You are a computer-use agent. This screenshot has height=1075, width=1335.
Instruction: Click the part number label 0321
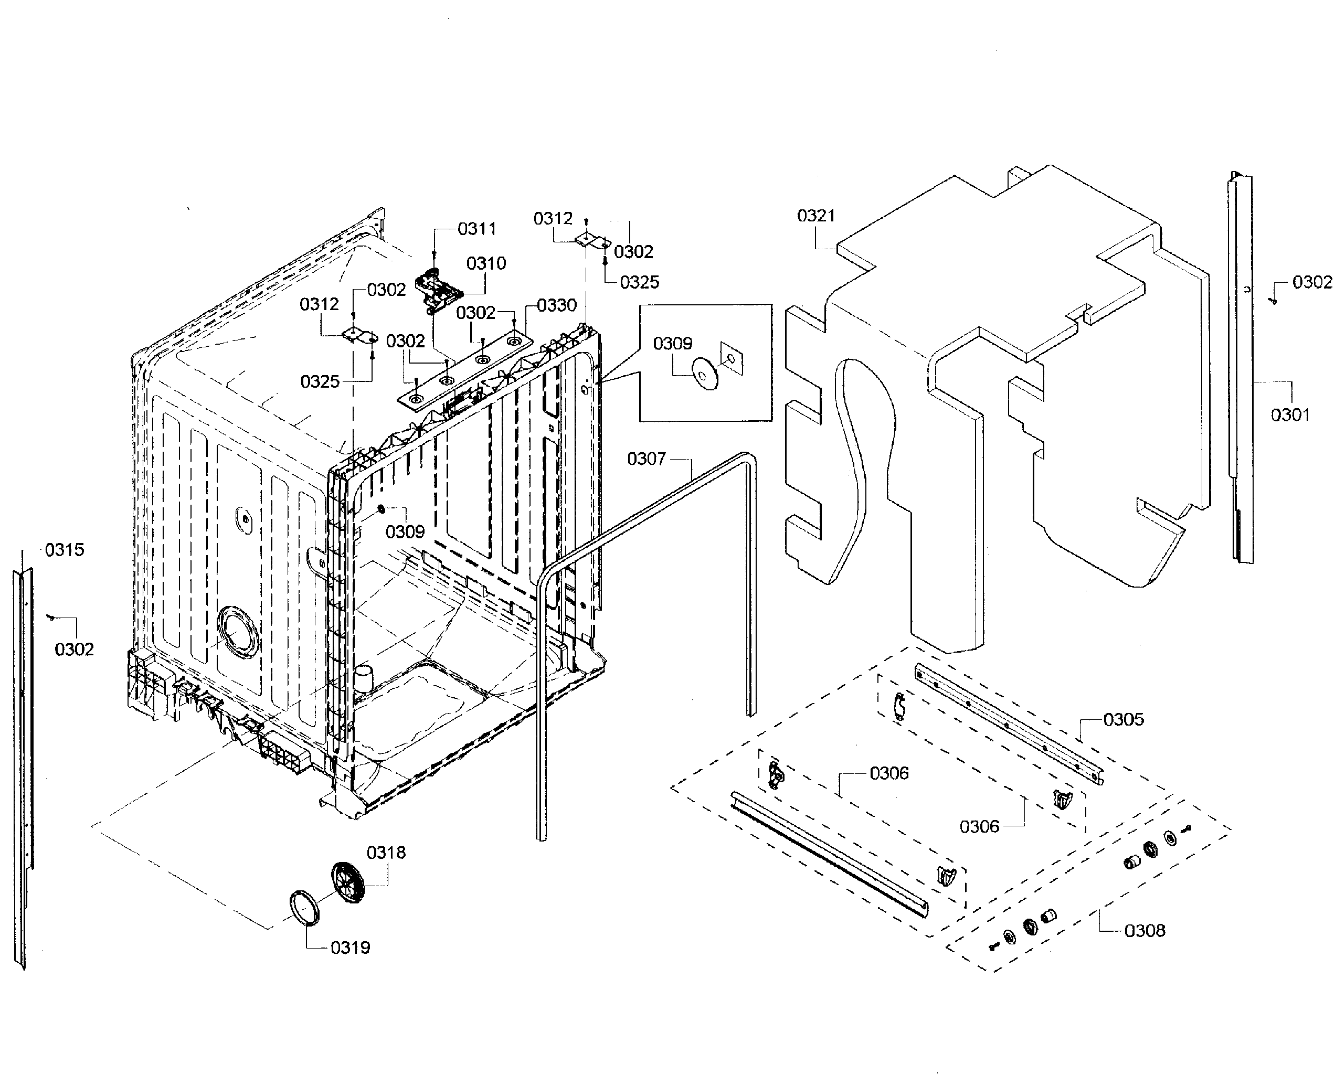815,216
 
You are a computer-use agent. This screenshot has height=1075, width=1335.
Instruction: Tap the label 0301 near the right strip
1290,415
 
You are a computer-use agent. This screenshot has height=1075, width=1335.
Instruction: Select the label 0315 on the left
65,549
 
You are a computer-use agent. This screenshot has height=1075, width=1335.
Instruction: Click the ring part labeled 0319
305,907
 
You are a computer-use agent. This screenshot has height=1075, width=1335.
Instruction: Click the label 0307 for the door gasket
646,459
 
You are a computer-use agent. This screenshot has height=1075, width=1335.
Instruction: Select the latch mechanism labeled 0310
438,289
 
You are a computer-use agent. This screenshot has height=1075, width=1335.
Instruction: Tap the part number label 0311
477,229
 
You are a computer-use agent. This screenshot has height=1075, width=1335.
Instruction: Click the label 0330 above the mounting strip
556,305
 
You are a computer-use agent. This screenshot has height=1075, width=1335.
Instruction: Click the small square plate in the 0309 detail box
732,358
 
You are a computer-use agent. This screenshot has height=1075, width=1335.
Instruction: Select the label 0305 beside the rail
1123,720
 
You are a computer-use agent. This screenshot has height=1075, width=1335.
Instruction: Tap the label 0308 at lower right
1145,930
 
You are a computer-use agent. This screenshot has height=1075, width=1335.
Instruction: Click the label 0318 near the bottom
386,853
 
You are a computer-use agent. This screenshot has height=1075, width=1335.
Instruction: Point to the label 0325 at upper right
639,282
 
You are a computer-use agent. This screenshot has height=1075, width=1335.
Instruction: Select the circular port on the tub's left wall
237,632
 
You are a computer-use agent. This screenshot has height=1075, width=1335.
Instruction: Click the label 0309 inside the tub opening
405,531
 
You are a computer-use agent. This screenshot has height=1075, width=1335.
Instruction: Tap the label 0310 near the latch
486,264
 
